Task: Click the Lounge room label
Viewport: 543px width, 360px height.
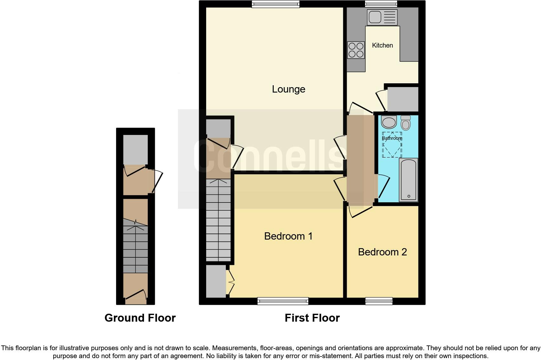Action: [288, 89]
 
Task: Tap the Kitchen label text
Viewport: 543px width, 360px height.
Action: [382, 45]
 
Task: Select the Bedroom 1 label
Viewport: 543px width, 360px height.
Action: [288, 236]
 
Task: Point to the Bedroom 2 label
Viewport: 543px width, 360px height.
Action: [382, 252]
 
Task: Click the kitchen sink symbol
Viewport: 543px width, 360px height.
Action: [382, 17]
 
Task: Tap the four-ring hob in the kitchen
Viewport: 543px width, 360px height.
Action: [356, 50]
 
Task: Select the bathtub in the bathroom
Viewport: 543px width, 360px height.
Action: [409, 180]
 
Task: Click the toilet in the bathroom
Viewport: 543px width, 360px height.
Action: [406, 122]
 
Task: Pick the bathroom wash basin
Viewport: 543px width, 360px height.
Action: [389, 122]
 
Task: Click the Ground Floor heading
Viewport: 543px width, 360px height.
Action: [140, 318]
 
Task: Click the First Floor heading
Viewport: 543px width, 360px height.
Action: [312, 318]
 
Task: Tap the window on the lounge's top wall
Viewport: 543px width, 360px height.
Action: [276, 4]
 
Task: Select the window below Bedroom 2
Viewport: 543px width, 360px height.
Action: [379, 301]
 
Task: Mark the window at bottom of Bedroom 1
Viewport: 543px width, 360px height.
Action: [283, 301]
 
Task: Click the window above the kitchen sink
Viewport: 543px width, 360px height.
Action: [381, 4]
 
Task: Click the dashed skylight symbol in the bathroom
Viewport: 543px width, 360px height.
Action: [392, 145]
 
